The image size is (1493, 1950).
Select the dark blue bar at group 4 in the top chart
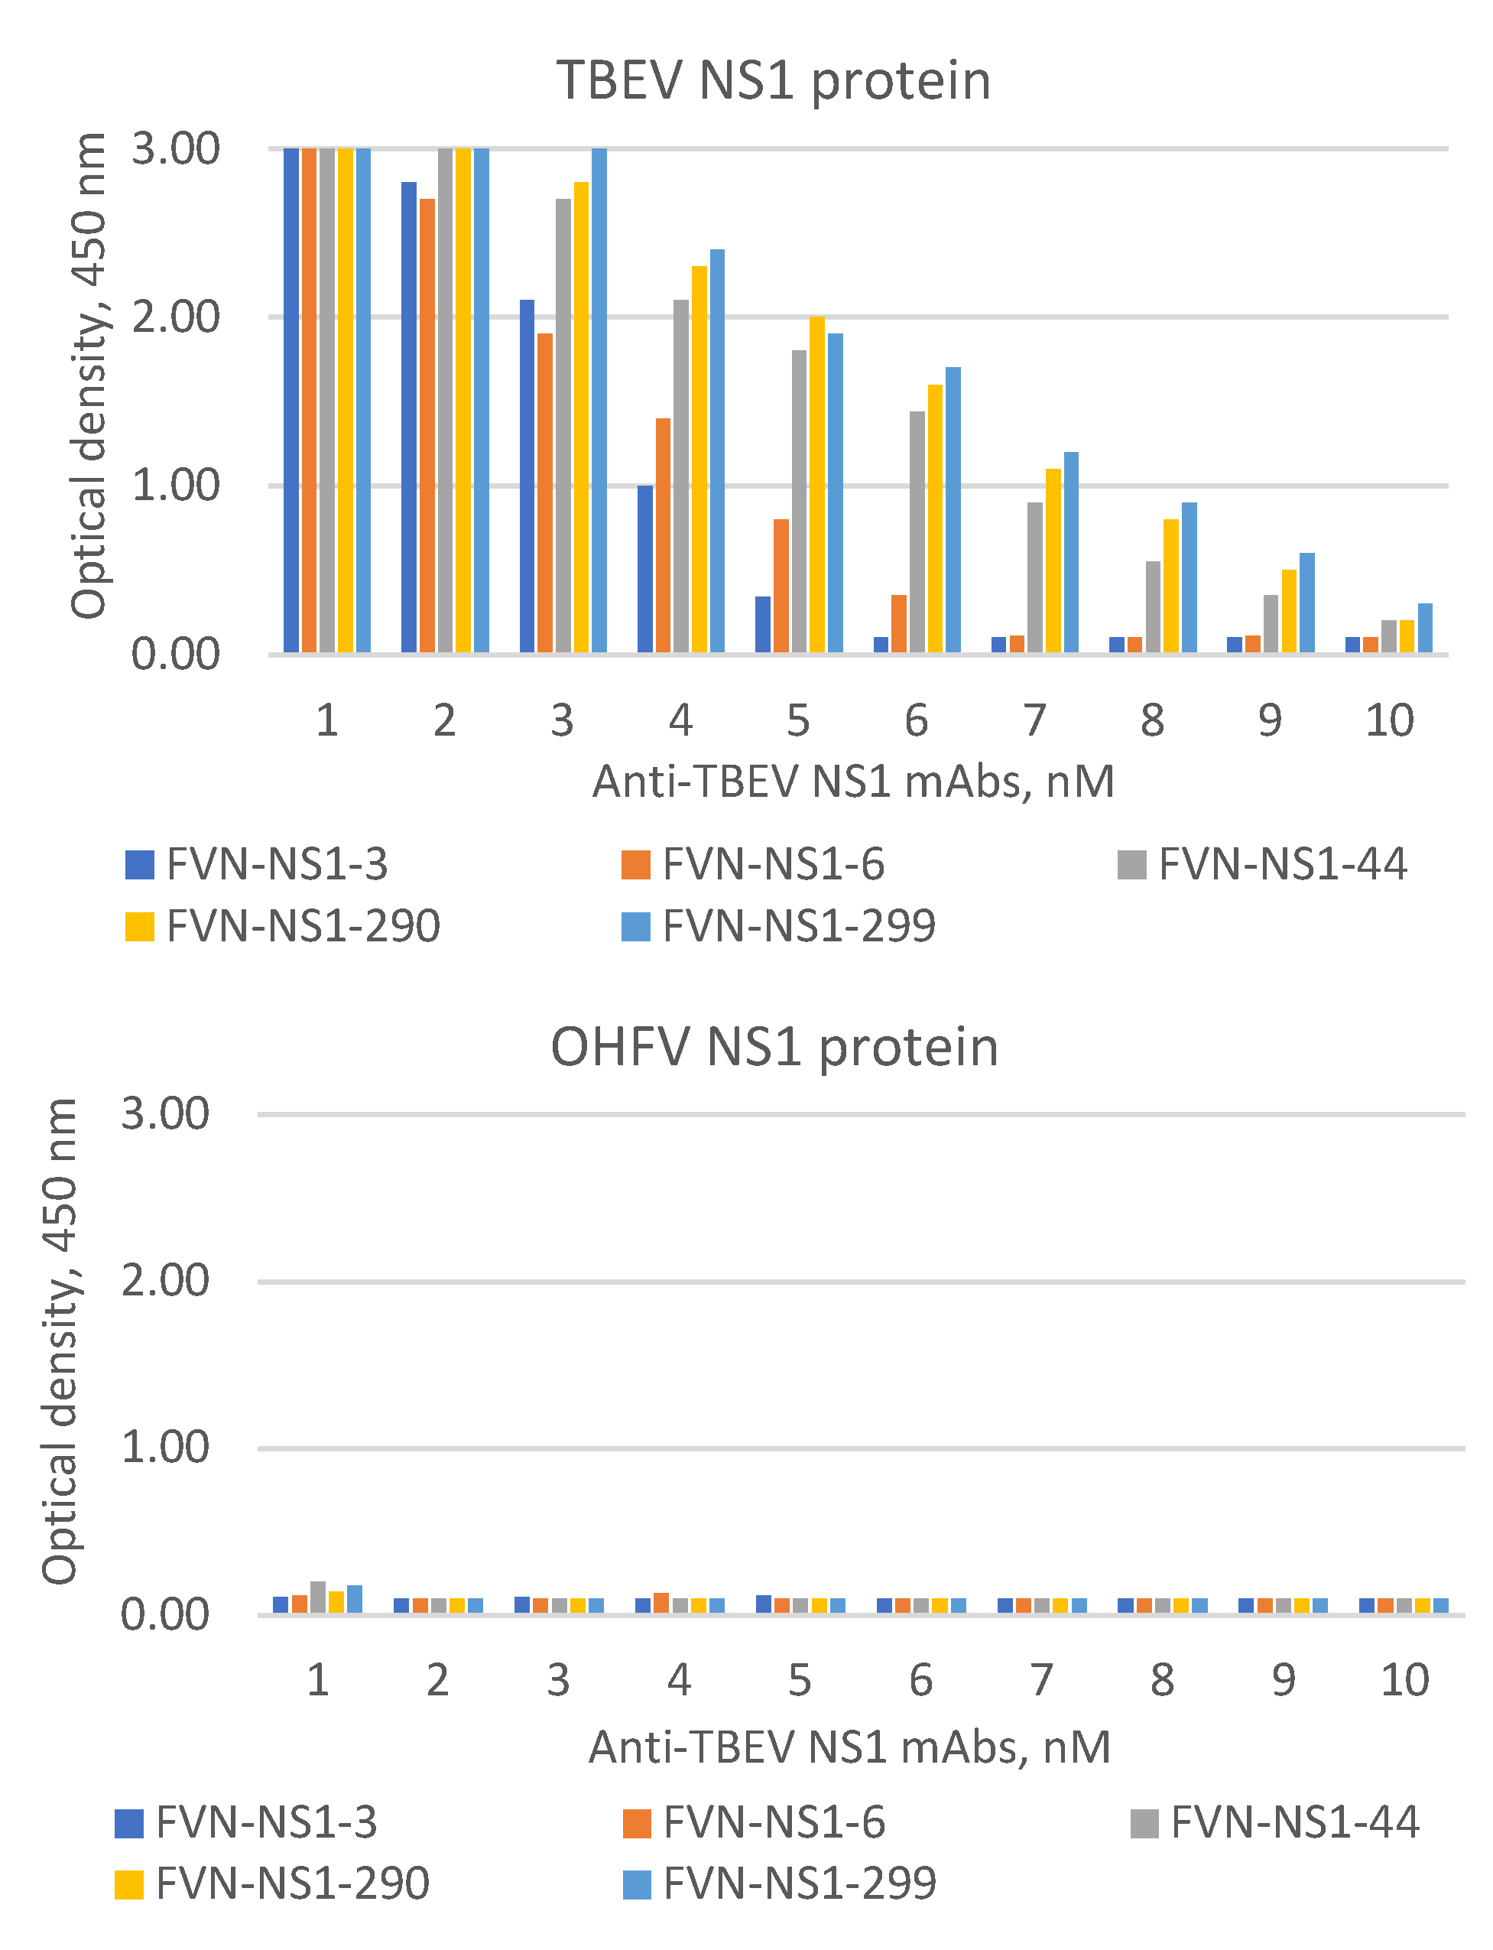click(644, 569)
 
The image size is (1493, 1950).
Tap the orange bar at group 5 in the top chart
click(781, 587)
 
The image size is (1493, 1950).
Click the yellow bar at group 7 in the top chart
click(1053, 560)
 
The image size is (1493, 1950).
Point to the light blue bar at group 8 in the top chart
click(1189, 577)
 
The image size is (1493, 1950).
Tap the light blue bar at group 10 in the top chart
click(1424, 629)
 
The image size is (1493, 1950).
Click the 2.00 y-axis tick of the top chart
click(175, 317)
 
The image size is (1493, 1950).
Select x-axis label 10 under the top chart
click(1389, 720)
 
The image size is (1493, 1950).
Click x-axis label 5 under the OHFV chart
click(800, 1680)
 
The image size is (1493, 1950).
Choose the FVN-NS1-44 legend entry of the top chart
click(1262, 864)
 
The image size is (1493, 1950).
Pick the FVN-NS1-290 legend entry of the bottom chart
click(273, 1883)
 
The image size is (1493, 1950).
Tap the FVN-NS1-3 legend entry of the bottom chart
click(246, 1822)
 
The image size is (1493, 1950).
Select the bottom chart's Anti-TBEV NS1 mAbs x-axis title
click(849, 1747)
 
